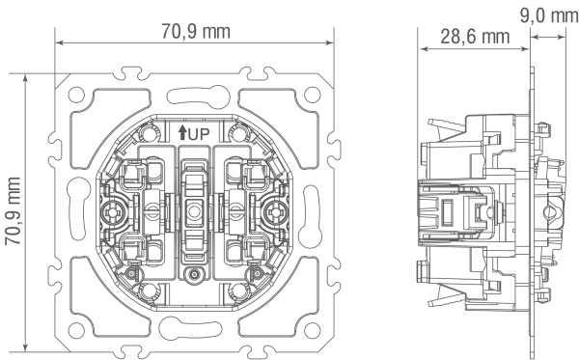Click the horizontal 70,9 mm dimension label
pos(196,32)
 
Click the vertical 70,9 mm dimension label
pos(14,211)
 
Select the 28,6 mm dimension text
pos(475,37)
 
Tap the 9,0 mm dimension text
pos(549,15)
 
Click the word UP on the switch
pos(199,134)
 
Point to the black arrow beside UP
pos(182,133)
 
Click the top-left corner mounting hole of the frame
pos(76,95)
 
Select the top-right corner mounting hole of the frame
pos(313,95)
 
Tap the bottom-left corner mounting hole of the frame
pos(76,330)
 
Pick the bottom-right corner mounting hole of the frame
pos(313,330)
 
